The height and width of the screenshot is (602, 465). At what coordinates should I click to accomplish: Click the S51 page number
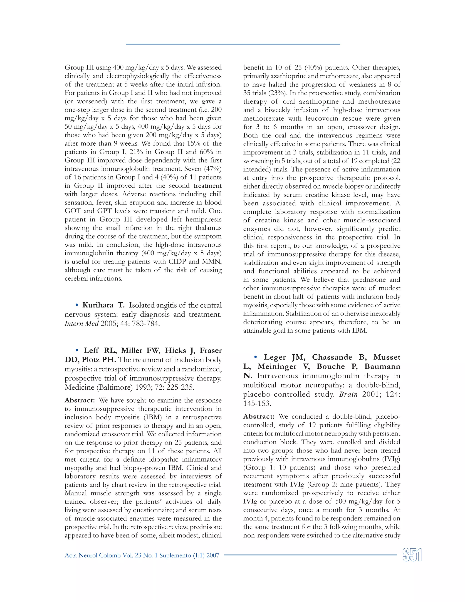[412, 555]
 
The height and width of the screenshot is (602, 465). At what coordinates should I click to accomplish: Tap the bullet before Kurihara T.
[77, 305]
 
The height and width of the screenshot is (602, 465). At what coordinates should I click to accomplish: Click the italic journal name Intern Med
[82, 323]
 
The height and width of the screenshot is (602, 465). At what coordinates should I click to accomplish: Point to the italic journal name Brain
[349, 394]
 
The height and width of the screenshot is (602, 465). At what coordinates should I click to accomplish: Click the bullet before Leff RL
[77, 350]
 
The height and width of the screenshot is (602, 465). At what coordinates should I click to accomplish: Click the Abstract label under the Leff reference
[80, 400]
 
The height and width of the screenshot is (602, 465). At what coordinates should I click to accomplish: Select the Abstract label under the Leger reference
[259, 416]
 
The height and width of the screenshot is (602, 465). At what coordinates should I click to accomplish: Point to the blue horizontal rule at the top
[233, 44]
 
